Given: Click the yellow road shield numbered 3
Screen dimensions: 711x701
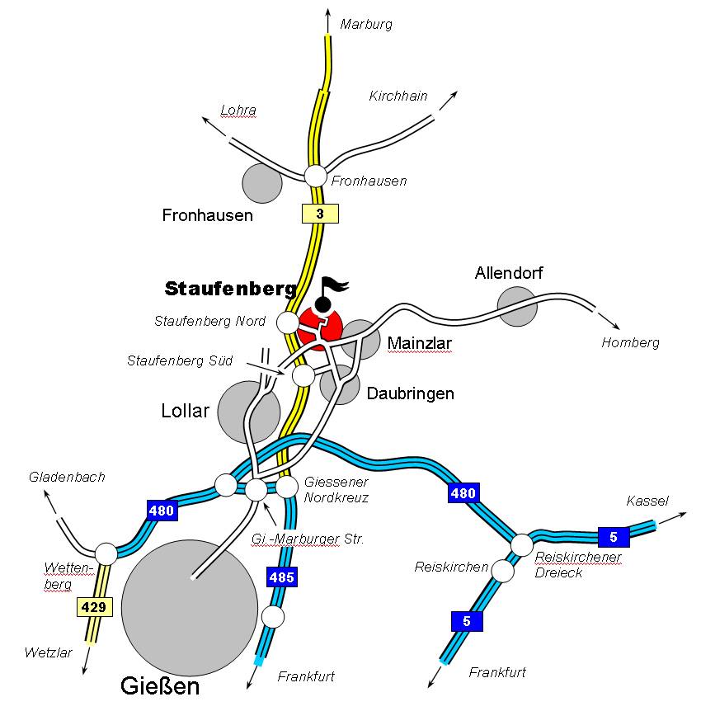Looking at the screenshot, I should pyautogui.click(x=320, y=214).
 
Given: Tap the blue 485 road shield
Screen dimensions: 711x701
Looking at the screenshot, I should pyautogui.click(x=281, y=577).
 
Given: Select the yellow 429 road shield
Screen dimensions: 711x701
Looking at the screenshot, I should pyautogui.click(x=90, y=608).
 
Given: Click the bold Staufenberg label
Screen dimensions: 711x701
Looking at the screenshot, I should pyautogui.click(x=231, y=289).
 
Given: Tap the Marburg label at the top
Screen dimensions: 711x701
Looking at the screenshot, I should pyautogui.click(x=366, y=24).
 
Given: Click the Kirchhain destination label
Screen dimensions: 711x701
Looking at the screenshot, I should pyautogui.click(x=398, y=96).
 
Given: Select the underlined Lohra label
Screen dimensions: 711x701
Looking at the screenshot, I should pyautogui.click(x=238, y=110).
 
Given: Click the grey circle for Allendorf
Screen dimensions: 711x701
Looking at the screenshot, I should pyautogui.click(x=517, y=305).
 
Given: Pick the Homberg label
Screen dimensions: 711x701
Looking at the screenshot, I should pyautogui.click(x=631, y=343).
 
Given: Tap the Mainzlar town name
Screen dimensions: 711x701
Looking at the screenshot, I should pyautogui.click(x=421, y=343).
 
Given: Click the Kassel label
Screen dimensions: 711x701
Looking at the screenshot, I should pyautogui.click(x=647, y=501).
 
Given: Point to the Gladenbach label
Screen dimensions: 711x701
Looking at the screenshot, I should pyautogui.click(x=67, y=477).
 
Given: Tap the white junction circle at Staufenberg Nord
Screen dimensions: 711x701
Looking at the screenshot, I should pyautogui.click(x=287, y=322).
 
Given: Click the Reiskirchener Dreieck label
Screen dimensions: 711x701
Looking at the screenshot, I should pyautogui.click(x=578, y=565).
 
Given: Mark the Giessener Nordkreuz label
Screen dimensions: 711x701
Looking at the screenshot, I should pyautogui.click(x=336, y=489).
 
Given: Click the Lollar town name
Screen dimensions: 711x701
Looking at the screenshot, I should pyautogui.click(x=186, y=410).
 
